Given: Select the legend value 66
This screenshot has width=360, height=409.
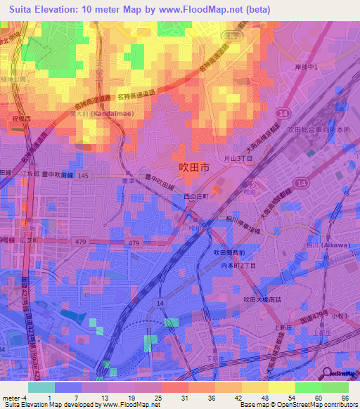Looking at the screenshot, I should (x=345, y=397).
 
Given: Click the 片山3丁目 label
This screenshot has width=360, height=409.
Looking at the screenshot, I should (x=238, y=160).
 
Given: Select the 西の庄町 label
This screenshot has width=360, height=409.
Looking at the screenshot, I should (x=196, y=197).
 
